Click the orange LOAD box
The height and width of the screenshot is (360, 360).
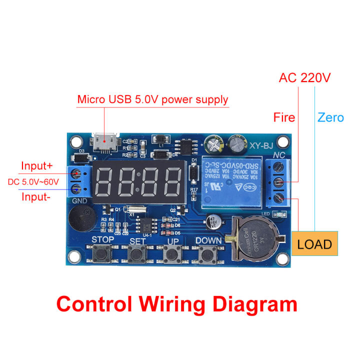314,244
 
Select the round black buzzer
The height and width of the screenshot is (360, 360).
81,219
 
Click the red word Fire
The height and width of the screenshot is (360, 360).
284,117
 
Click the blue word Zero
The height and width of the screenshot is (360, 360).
330,117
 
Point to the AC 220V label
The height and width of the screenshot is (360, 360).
304,78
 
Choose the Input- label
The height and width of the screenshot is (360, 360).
36,196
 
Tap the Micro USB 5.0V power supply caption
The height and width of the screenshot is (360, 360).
152,99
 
